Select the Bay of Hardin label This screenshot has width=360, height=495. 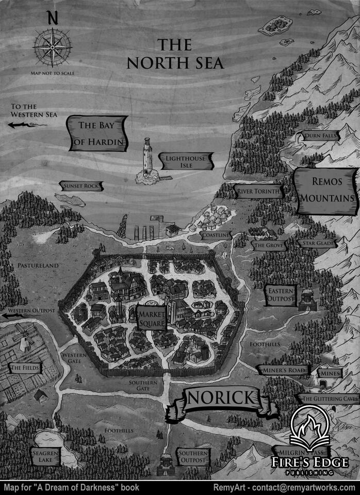(x=97, y=134)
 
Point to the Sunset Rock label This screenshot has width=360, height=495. (x=81, y=186)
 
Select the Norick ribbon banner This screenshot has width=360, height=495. (x=221, y=398)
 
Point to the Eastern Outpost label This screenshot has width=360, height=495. (x=282, y=295)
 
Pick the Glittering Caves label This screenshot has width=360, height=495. (x=329, y=399)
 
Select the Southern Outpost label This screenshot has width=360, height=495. (x=193, y=457)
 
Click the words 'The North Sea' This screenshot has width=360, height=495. (x=175, y=54)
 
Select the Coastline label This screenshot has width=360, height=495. (x=216, y=235)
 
